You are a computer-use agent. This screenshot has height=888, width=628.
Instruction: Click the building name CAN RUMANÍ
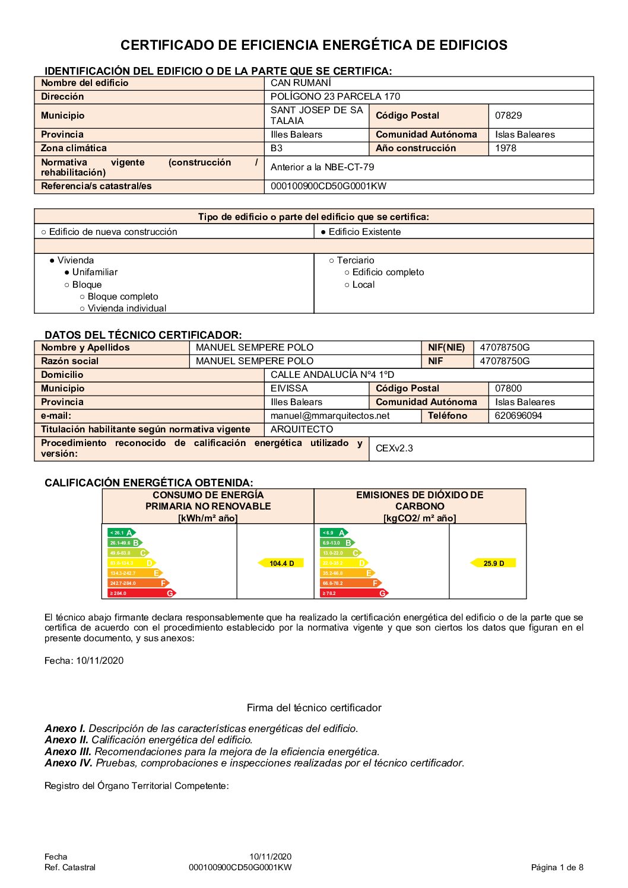301,83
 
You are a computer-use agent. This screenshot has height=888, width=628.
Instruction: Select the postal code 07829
509,116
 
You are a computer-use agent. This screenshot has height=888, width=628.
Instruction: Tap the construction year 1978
506,148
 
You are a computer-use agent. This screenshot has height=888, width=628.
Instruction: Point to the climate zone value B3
277,148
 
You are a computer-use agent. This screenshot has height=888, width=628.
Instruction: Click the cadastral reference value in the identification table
328,186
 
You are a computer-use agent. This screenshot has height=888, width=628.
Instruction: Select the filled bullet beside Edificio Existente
323,232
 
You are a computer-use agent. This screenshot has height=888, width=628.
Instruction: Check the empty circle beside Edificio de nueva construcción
44,232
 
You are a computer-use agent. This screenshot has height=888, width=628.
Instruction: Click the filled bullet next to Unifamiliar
67,272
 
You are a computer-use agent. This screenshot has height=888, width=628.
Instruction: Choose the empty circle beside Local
347,285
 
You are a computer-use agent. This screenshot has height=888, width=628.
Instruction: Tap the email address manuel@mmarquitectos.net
330,416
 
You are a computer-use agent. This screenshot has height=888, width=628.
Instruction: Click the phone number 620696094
518,416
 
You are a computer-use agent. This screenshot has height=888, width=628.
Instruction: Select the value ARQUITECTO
302,429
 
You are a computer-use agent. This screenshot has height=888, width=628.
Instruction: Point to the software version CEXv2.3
394,448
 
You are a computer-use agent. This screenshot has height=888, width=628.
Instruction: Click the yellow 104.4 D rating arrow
281,563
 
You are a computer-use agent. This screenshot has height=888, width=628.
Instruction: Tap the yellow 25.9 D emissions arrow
493,563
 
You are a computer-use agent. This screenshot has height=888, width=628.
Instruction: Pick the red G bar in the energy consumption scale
141,593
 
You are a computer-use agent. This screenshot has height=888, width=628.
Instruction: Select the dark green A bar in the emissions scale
334,533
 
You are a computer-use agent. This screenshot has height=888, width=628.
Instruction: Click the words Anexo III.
68,752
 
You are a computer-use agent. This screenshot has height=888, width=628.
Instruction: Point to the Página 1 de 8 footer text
557,867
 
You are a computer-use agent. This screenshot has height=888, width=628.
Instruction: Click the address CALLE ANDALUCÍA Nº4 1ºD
332,375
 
